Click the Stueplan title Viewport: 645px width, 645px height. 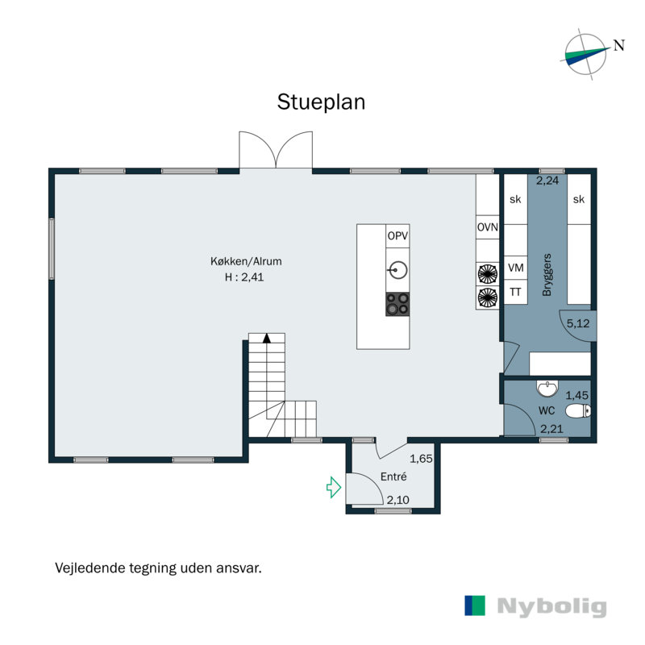321,102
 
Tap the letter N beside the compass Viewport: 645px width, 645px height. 619,45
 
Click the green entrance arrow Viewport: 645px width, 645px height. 334,488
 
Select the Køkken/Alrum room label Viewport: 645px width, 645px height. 246,261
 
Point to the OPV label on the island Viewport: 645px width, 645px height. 397,235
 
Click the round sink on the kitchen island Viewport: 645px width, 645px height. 398,270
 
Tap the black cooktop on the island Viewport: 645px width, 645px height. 397,305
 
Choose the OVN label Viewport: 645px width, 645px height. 488,227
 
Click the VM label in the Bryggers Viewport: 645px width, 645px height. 516,268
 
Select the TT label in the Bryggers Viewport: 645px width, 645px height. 515,292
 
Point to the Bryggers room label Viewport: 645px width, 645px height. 547,274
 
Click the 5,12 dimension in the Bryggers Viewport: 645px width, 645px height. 578,324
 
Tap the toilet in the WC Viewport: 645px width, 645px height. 578,410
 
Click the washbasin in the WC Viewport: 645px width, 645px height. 547,389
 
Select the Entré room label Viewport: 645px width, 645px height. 393,476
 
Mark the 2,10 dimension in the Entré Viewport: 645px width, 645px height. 397,500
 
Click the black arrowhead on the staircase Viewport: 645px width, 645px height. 267,338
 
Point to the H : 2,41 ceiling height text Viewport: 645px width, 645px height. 244,277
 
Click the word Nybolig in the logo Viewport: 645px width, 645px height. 551,607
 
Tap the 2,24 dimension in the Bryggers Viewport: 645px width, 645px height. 547,180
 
